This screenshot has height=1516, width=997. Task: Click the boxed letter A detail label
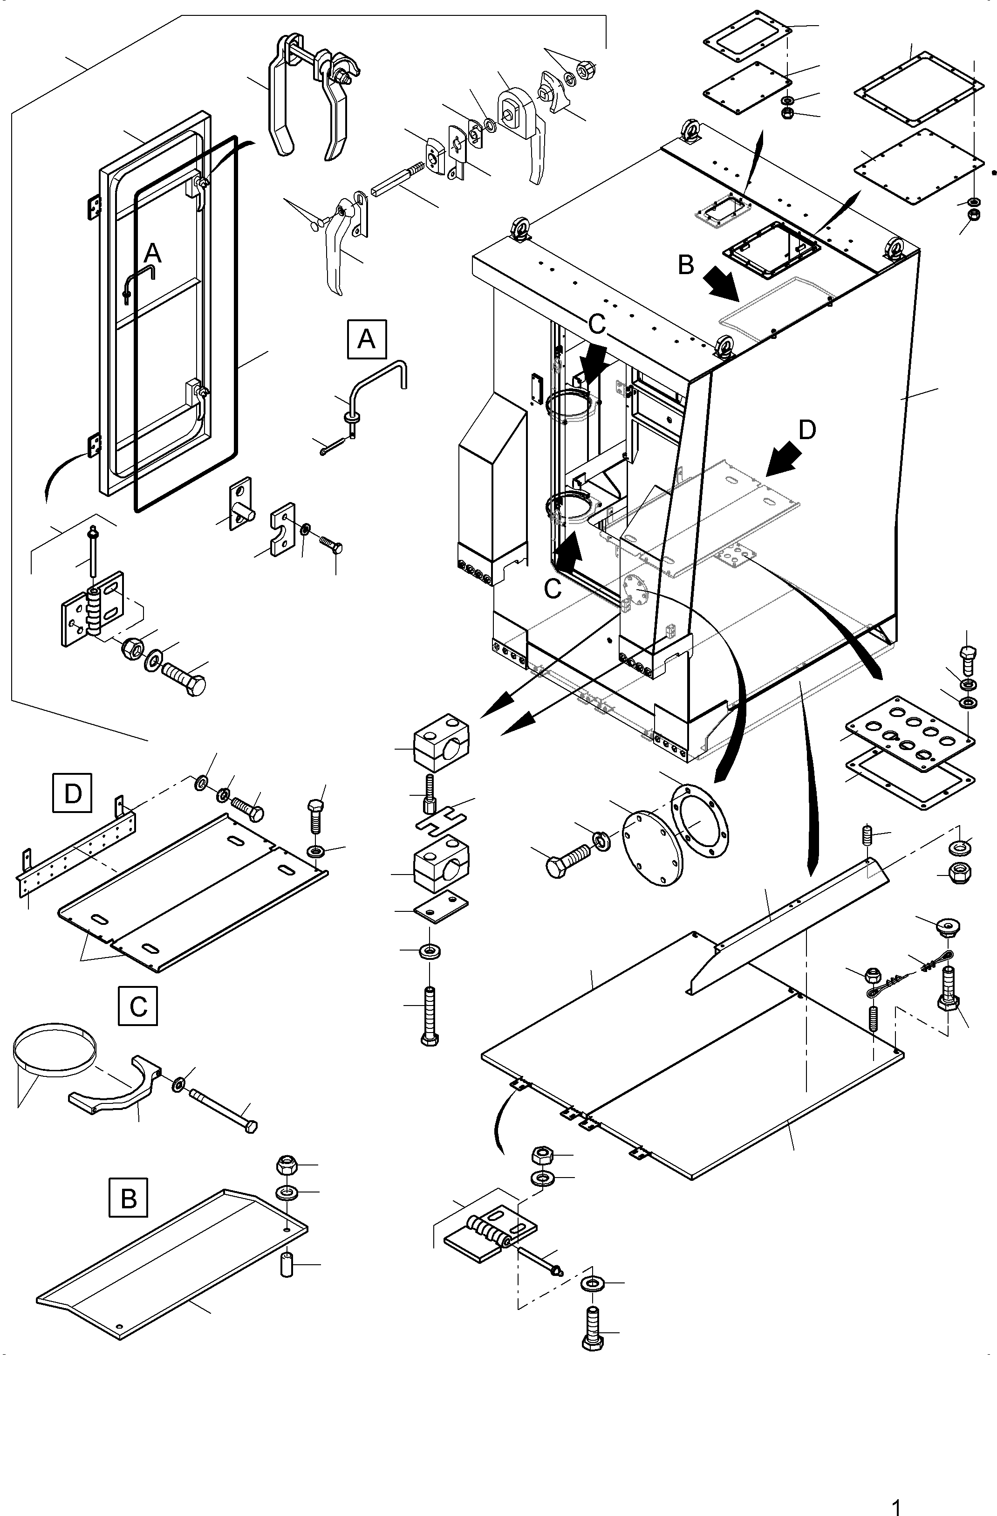coord(366,339)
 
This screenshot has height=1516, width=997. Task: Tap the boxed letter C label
coord(137,1006)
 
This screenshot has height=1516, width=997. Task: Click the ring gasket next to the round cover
coord(700,822)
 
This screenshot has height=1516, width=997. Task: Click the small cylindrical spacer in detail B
coord(287,1264)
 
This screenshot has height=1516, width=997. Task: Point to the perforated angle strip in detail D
coord(76,847)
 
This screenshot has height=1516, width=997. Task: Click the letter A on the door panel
coord(153,254)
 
